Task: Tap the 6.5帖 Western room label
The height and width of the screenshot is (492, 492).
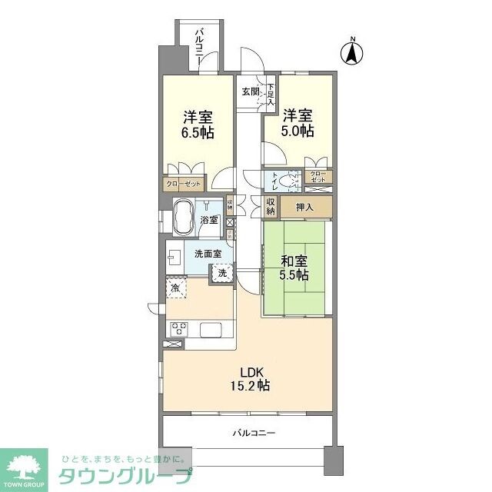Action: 198,125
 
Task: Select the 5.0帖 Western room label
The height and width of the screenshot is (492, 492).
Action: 297,123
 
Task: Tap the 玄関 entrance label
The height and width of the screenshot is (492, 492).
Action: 251,91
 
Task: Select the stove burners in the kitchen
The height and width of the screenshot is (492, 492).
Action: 178,329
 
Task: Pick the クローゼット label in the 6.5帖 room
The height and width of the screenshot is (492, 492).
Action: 184,184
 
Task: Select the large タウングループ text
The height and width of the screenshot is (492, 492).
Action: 125,476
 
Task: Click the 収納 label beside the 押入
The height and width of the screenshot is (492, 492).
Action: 271,206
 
